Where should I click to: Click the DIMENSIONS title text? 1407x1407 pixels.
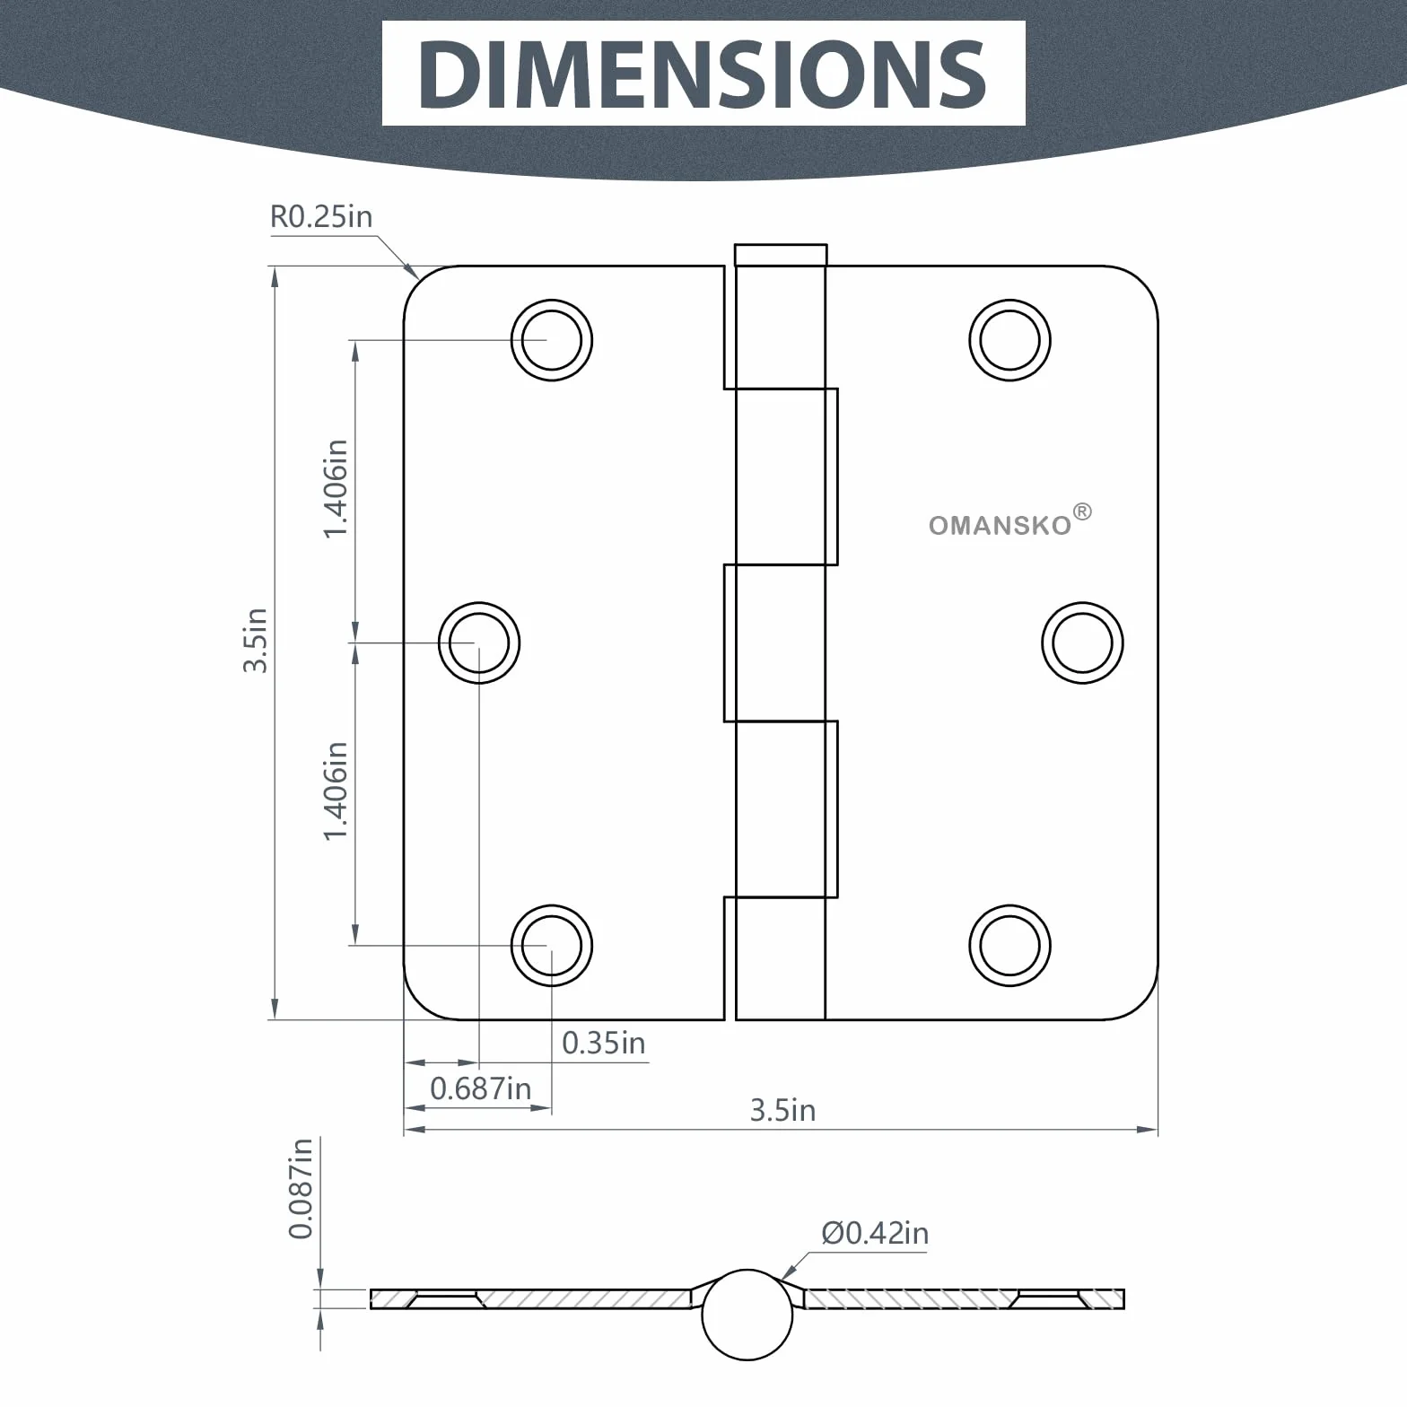(x=703, y=74)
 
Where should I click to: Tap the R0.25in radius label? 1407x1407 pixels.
(x=321, y=217)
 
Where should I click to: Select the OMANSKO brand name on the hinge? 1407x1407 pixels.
(x=1001, y=525)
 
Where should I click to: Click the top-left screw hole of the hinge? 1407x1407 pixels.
(x=552, y=341)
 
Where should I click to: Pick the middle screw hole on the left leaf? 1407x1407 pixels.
(x=479, y=643)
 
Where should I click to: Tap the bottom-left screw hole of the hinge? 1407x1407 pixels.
(x=552, y=946)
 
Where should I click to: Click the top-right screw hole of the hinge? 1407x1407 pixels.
(x=1010, y=341)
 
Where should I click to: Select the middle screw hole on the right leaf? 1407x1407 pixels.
(x=1083, y=643)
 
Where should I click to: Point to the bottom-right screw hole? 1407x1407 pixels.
(x=1010, y=946)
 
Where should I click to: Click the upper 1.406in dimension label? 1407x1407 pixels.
(x=336, y=489)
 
